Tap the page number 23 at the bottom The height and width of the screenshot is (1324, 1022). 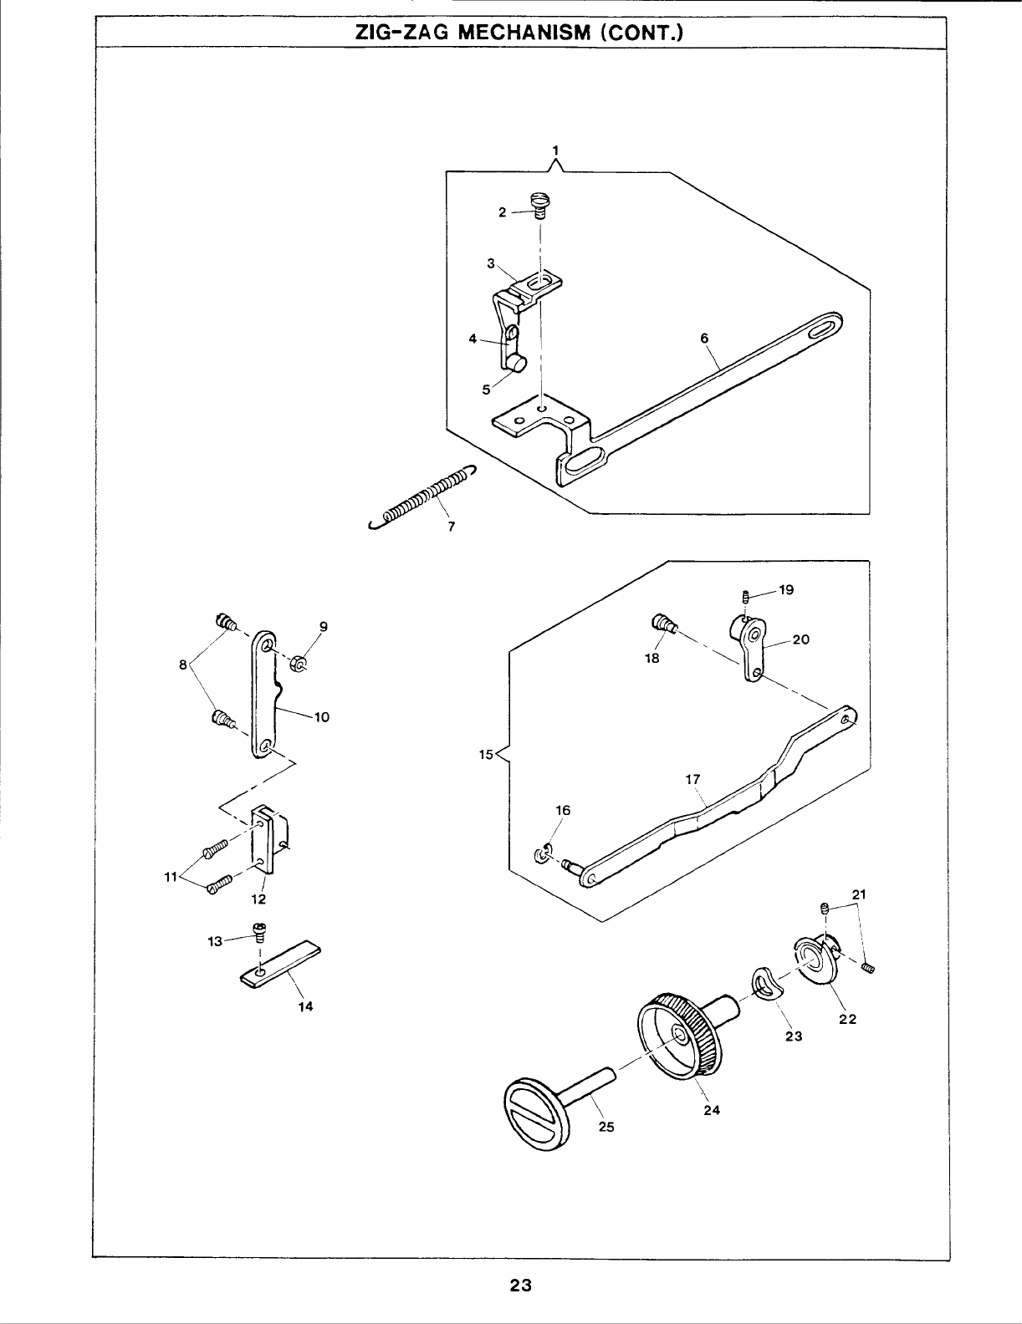(x=520, y=1285)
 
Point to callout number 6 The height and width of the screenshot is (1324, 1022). (x=704, y=337)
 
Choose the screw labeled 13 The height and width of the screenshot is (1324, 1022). (x=260, y=934)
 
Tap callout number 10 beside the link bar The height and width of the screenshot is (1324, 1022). (x=322, y=716)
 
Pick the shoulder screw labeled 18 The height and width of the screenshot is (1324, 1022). (x=662, y=624)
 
